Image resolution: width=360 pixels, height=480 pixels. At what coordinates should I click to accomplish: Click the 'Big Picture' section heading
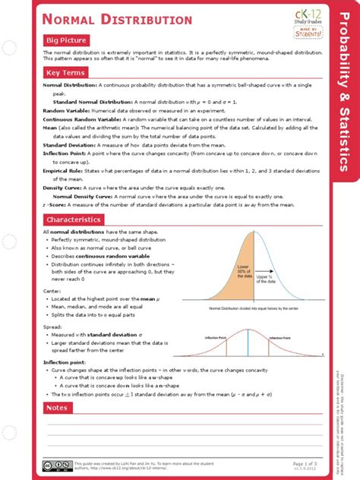pyautogui.click(x=67, y=39)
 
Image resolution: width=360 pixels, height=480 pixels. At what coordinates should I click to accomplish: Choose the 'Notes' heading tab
pyautogui.click(x=57, y=408)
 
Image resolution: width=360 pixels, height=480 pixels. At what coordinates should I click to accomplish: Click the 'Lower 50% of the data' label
pyautogui.click(x=243, y=271)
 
